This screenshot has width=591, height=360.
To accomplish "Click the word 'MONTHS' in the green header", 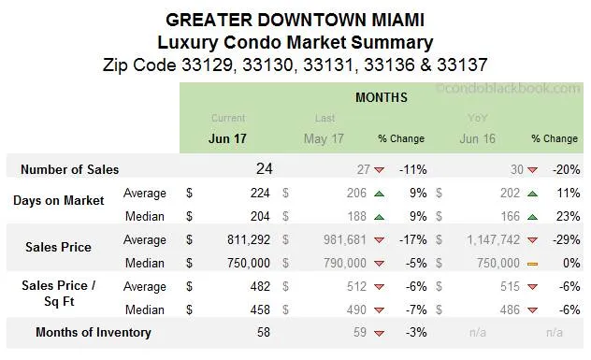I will pos(381,97).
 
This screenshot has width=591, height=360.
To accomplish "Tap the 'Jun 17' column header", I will pos(227,138).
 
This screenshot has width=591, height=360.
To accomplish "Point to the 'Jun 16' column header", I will pos(478,138).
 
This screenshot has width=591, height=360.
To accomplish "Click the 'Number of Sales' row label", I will pos(70,170).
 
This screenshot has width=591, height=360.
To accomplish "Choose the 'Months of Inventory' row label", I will pos(93,332).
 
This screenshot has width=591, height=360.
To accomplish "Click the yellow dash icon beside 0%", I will pos(532,264).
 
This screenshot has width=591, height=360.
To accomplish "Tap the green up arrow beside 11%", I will pos(532,194).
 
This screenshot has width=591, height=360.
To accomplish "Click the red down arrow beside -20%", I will pos(532,170).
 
